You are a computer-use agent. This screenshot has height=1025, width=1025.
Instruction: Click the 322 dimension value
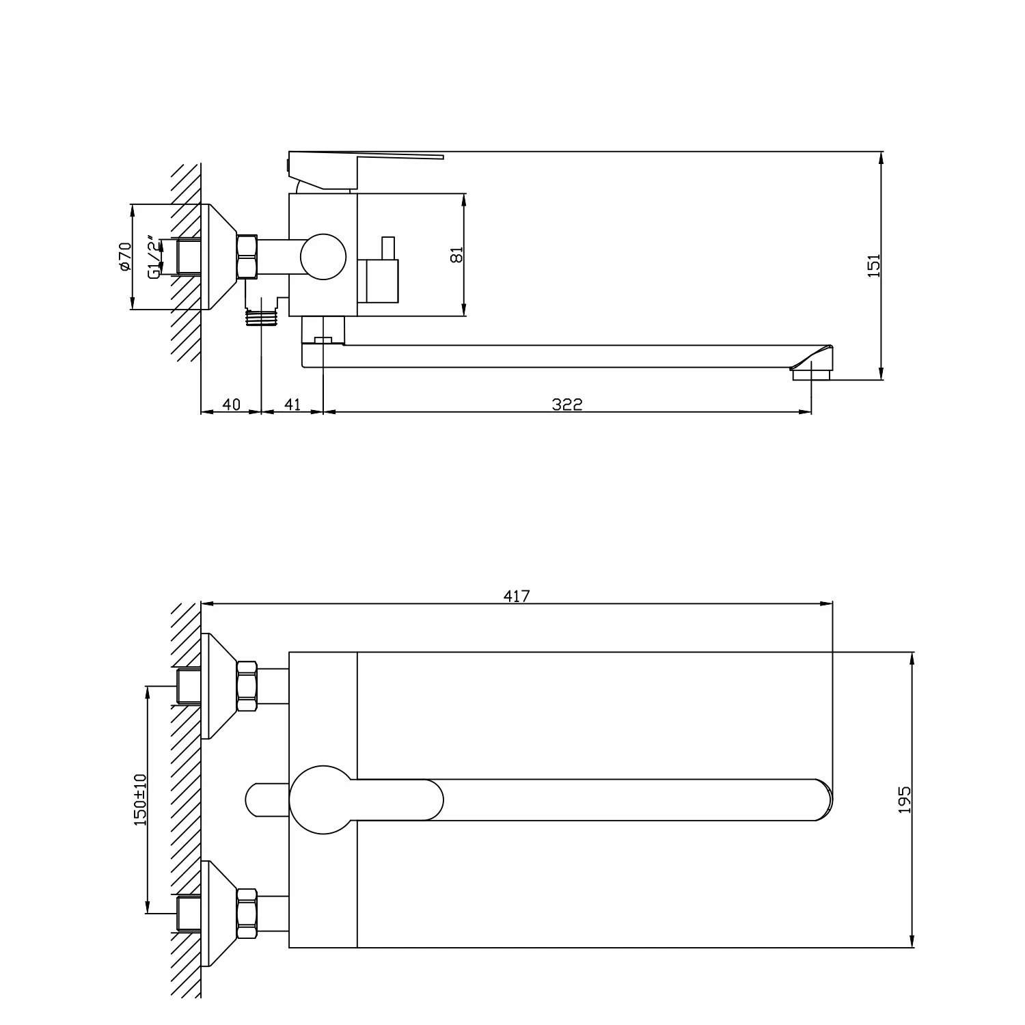coord(567,404)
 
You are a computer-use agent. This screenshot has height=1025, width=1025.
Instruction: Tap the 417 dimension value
coord(517,596)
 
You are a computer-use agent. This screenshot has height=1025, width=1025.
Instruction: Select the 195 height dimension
coord(904,800)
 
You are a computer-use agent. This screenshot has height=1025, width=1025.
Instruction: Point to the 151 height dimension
coord(873,264)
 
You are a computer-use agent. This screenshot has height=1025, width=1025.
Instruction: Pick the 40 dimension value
coord(232,404)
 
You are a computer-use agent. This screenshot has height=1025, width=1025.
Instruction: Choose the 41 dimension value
coord(292,404)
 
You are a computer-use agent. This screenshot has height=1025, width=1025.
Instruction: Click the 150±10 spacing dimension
coord(140,799)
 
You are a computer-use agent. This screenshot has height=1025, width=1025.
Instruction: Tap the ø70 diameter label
coord(124,256)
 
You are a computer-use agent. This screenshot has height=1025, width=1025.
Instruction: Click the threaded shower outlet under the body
coord(262,318)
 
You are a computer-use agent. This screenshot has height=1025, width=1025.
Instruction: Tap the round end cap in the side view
coord(323,256)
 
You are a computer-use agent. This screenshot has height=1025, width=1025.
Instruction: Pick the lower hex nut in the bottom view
coord(247,914)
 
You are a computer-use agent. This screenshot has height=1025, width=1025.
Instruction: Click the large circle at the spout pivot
coord(323,799)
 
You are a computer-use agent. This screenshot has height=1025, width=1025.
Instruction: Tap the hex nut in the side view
coord(247,257)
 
